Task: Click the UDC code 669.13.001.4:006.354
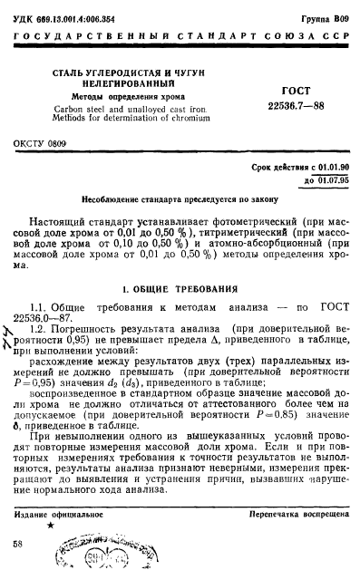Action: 70,15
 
